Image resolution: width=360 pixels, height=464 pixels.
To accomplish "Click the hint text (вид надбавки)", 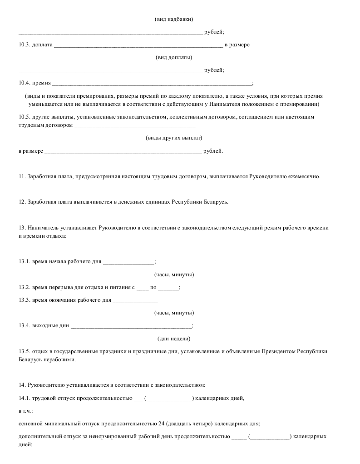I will (174, 19).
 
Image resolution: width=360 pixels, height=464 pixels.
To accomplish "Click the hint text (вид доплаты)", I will (174, 57).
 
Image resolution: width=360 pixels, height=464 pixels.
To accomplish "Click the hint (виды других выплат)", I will (174, 138).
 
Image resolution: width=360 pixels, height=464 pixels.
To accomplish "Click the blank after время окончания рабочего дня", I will (135, 300).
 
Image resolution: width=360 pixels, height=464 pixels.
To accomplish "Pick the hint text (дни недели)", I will (174, 339).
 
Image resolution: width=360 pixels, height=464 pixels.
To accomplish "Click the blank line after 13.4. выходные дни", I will (131, 326).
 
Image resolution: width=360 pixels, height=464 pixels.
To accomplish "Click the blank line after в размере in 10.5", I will (123, 151).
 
